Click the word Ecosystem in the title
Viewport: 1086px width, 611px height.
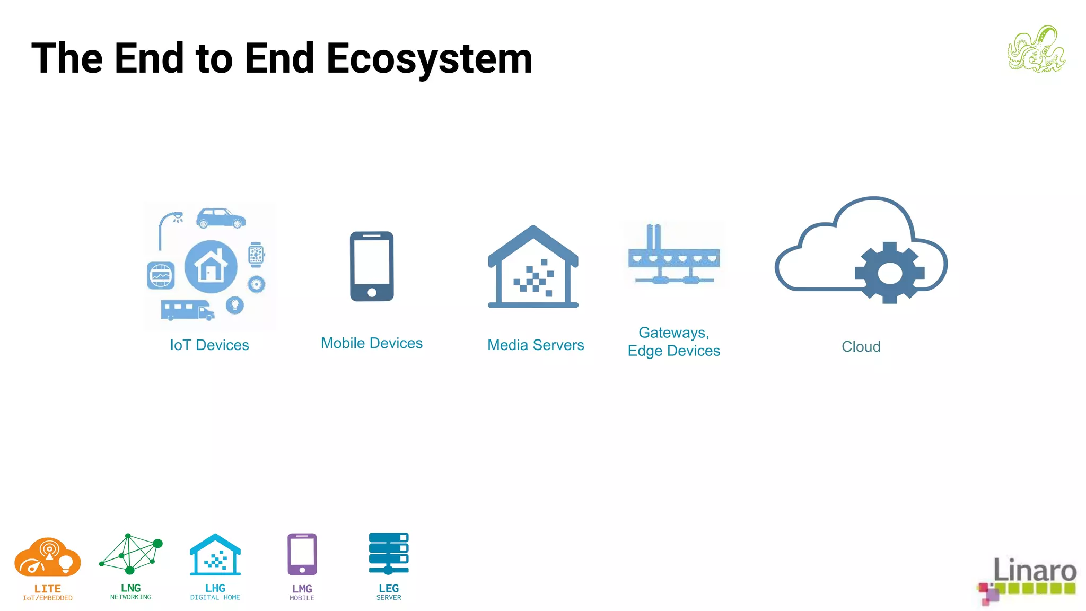point(429,58)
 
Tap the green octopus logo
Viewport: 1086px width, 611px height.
point(1037,49)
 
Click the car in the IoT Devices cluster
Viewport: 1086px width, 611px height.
point(221,218)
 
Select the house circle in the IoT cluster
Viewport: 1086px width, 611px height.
point(211,266)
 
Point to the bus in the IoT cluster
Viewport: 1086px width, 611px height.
point(187,310)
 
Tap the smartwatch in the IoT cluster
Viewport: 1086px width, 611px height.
point(256,255)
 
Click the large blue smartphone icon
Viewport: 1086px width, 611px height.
point(372,266)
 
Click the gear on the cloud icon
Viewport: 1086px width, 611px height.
point(889,273)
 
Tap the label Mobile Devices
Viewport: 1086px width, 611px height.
point(372,343)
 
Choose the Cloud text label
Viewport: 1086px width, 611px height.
point(861,347)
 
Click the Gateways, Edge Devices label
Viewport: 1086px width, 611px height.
point(673,342)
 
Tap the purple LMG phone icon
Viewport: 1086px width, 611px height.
point(302,554)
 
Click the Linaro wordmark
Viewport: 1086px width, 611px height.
point(1034,570)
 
